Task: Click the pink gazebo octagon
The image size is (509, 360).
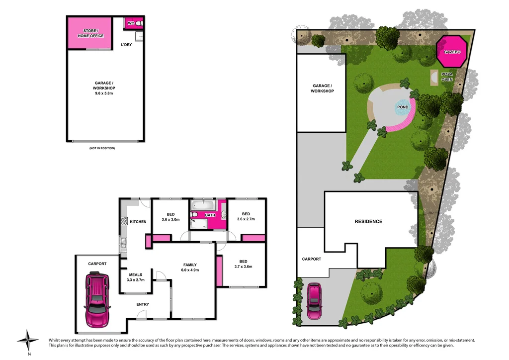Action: (452, 51)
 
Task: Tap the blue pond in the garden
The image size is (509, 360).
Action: (403, 107)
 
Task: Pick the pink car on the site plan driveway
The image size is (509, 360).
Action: (314, 301)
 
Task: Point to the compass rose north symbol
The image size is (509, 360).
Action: (28, 341)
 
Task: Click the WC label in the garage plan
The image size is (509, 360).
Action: (131, 23)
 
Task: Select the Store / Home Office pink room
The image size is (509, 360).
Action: (90, 33)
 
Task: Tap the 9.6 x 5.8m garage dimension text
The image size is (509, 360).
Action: (104, 93)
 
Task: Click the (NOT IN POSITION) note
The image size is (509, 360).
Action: (102, 148)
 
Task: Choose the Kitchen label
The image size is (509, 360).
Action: (138, 221)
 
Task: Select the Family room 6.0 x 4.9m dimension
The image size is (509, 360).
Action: (190, 270)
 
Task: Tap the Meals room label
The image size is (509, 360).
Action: (136, 274)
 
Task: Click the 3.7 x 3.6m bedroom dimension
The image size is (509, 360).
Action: (243, 267)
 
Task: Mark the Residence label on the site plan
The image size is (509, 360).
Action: (368, 221)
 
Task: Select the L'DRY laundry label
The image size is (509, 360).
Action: (127, 45)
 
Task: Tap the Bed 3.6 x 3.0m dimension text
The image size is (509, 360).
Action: (170, 219)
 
